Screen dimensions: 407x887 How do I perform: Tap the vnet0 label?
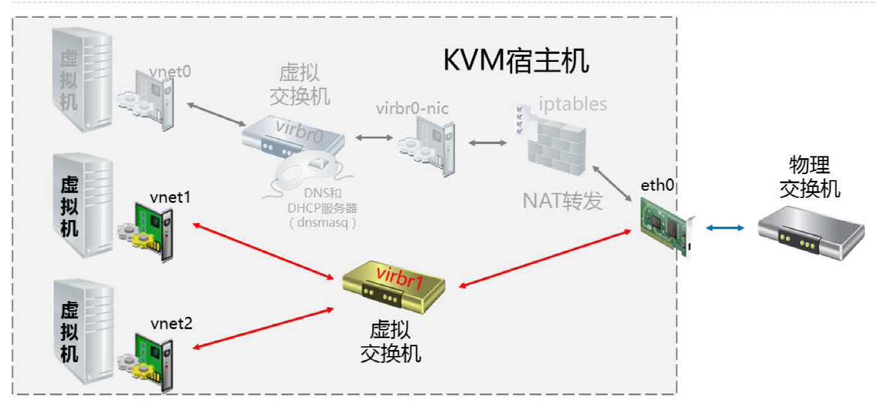pos(171,72)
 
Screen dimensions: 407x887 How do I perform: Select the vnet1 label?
pos(171,197)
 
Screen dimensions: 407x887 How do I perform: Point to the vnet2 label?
pos(172,324)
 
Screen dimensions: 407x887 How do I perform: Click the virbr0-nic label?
pos(412,108)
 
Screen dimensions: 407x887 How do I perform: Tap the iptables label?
pos(573,104)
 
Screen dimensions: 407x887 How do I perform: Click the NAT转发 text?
pos(562,200)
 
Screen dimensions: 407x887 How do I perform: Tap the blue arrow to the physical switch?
pos(725,228)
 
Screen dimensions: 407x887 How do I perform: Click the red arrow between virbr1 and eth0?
pos(545,257)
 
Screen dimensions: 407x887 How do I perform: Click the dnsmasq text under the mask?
pos(322,222)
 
